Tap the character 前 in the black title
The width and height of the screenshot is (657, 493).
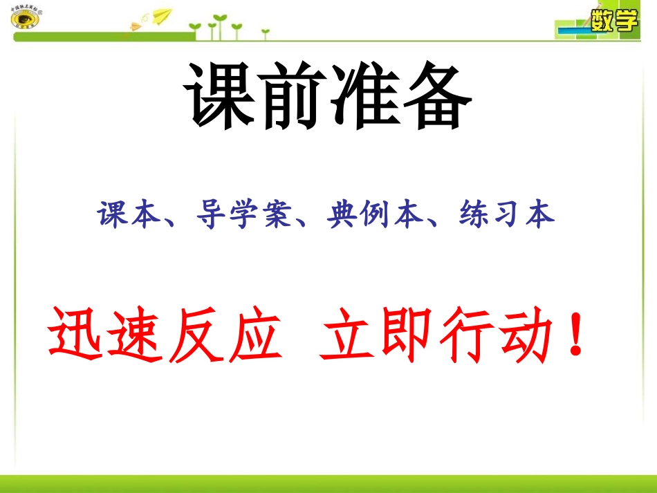[290, 96]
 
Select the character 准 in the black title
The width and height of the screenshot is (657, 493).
[362, 96]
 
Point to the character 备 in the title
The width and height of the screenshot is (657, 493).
[434, 96]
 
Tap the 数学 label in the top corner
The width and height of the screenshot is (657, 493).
[614, 21]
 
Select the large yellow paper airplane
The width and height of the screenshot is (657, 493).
[161, 15]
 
